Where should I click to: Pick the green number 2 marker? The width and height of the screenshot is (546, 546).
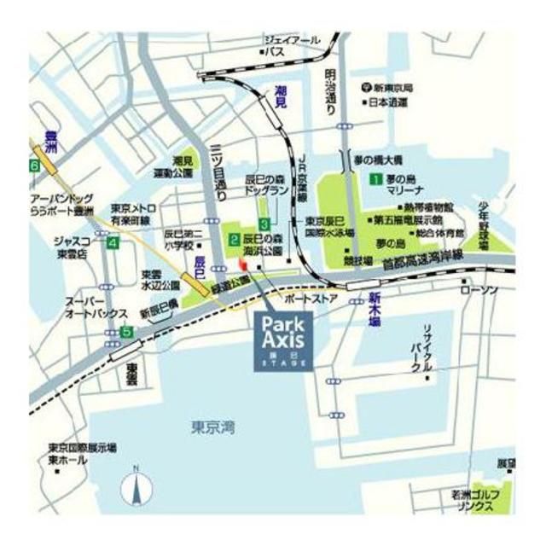tap(233, 240)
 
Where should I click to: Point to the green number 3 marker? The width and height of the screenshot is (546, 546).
tap(265, 224)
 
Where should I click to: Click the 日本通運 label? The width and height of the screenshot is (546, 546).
tap(387, 103)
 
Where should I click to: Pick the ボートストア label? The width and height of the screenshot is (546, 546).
tap(313, 299)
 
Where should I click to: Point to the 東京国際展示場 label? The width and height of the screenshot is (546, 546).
tap(82, 448)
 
